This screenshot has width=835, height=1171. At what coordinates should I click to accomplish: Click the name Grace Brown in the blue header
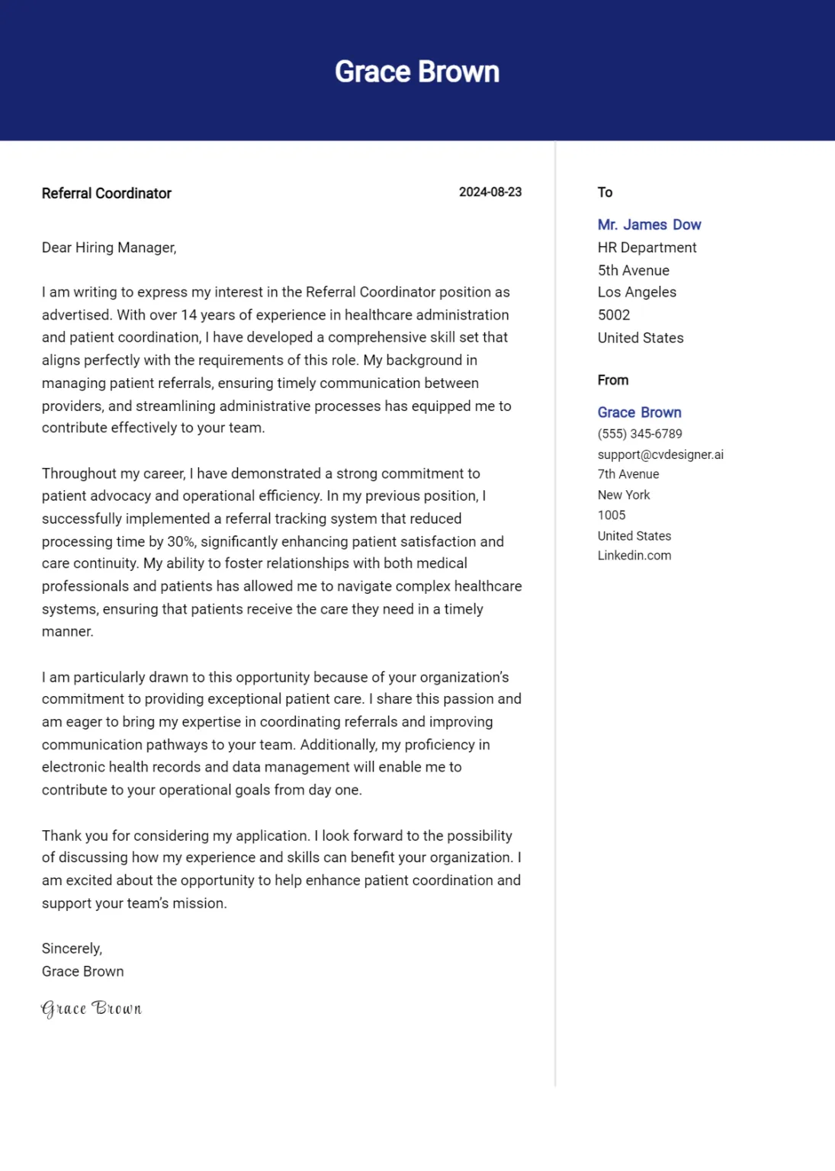(x=417, y=72)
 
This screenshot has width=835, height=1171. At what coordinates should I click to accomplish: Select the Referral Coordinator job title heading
(x=106, y=194)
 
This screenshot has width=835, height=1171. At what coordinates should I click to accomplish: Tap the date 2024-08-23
(x=490, y=192)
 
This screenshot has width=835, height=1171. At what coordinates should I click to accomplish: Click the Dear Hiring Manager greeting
(x=109, y=248)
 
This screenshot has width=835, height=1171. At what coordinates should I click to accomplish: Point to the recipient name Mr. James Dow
(x=649, y=225)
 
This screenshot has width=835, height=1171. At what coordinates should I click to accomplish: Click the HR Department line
(x=647, y=248)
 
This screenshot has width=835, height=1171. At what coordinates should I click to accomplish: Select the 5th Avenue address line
(x=633, y=271)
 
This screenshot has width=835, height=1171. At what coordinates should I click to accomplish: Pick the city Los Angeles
(x=637, y=292)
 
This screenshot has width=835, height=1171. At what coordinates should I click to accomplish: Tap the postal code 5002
(x=614, y=315)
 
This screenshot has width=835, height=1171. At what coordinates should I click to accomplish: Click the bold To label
(x=605, y=192)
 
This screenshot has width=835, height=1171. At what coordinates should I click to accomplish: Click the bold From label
(x=613, y=380)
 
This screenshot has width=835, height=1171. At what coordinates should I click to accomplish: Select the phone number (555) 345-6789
(x=640, y=434)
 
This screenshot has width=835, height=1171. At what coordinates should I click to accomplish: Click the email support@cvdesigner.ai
(x=660, y=454)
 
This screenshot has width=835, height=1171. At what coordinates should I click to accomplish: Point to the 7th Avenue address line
(x=628, y=474)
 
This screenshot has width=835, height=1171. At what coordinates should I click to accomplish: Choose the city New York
(x=624, y=495)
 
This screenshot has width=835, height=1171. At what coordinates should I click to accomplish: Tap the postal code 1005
(x=612, y=515)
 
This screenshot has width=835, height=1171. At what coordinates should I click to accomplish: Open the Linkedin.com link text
(x=634, y=556)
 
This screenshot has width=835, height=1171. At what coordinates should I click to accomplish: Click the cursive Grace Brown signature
(x=92, y=1009)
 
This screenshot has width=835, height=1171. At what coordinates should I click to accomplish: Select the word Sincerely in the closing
(x=71, y=948)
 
